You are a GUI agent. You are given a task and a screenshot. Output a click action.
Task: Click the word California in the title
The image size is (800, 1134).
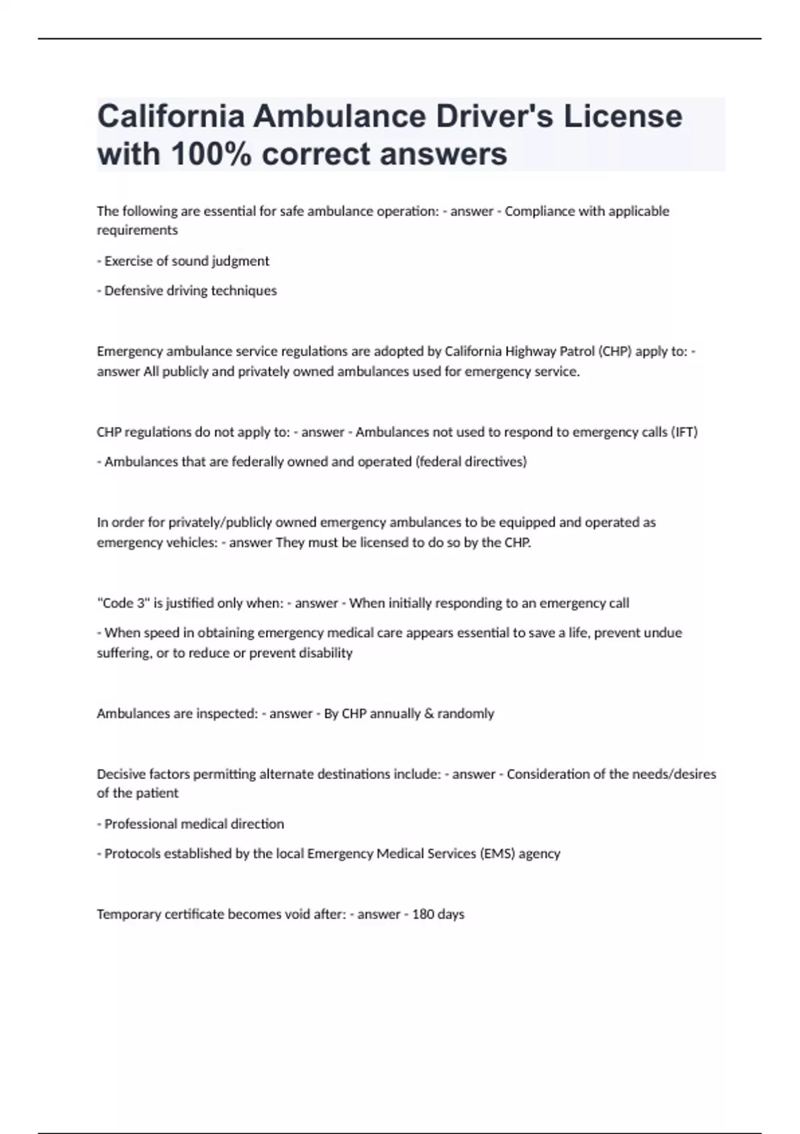click(x=171, y=117)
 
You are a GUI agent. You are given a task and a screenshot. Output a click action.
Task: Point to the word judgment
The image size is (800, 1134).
click(x=240, y=261)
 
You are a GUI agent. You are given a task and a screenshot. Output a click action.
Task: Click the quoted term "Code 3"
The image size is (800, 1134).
click(x=123, y=603)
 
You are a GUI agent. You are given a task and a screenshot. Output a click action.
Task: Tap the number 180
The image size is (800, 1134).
click(x=423, y=915)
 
